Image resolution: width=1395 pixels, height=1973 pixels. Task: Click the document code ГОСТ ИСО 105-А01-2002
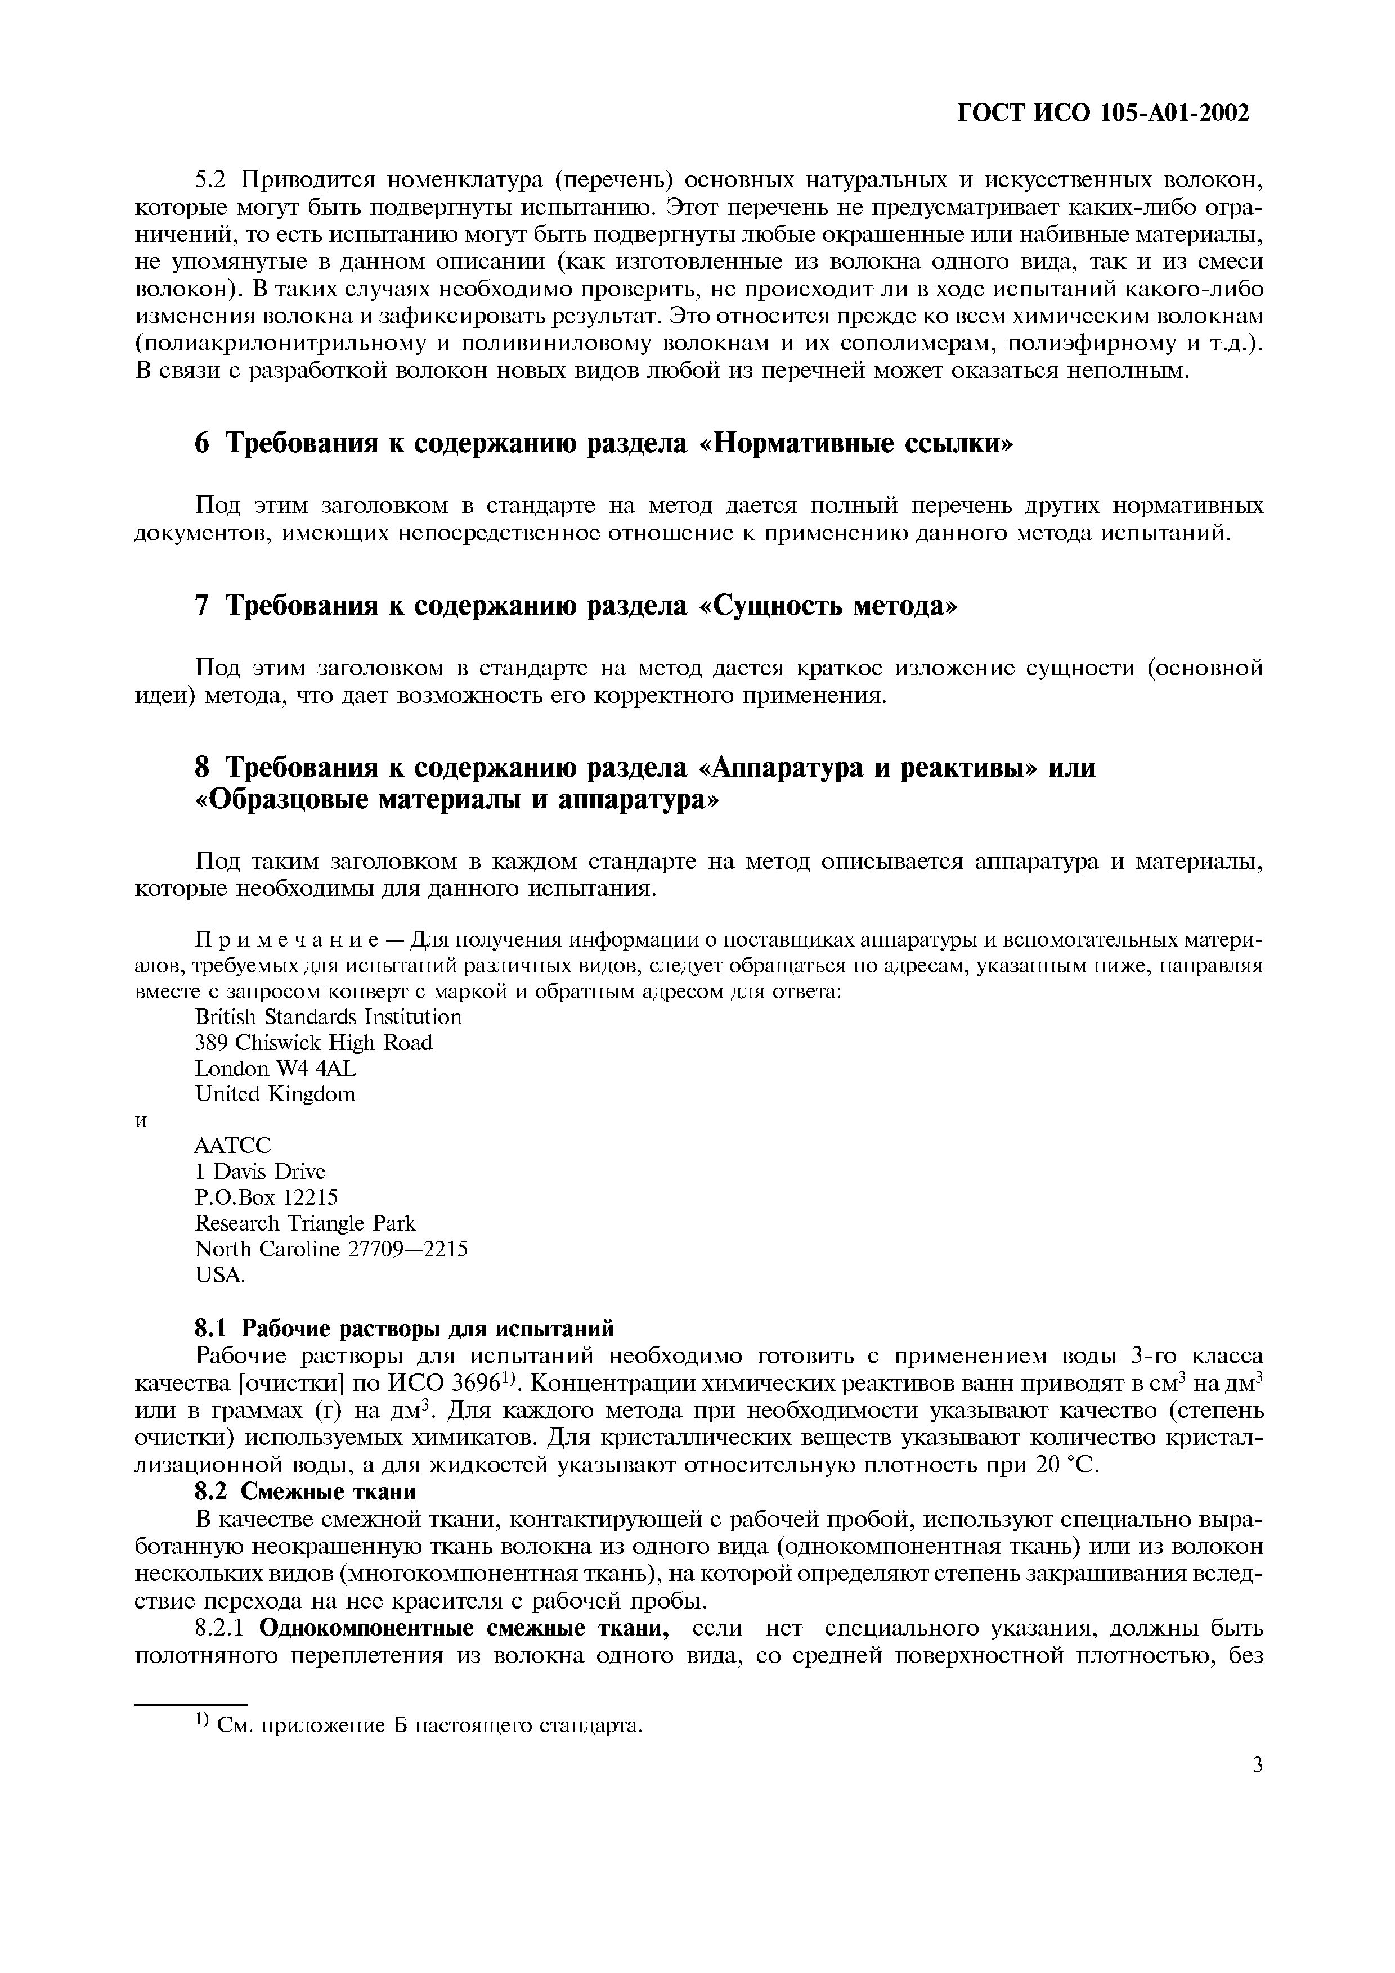point(1103,112)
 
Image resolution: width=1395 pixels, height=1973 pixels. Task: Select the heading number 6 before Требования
point(202,443)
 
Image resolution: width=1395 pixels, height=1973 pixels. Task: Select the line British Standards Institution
point(328,1017)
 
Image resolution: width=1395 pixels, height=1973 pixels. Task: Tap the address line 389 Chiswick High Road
point(314,1043)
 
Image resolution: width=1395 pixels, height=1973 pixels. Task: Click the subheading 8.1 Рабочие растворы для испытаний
point(405,1328)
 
